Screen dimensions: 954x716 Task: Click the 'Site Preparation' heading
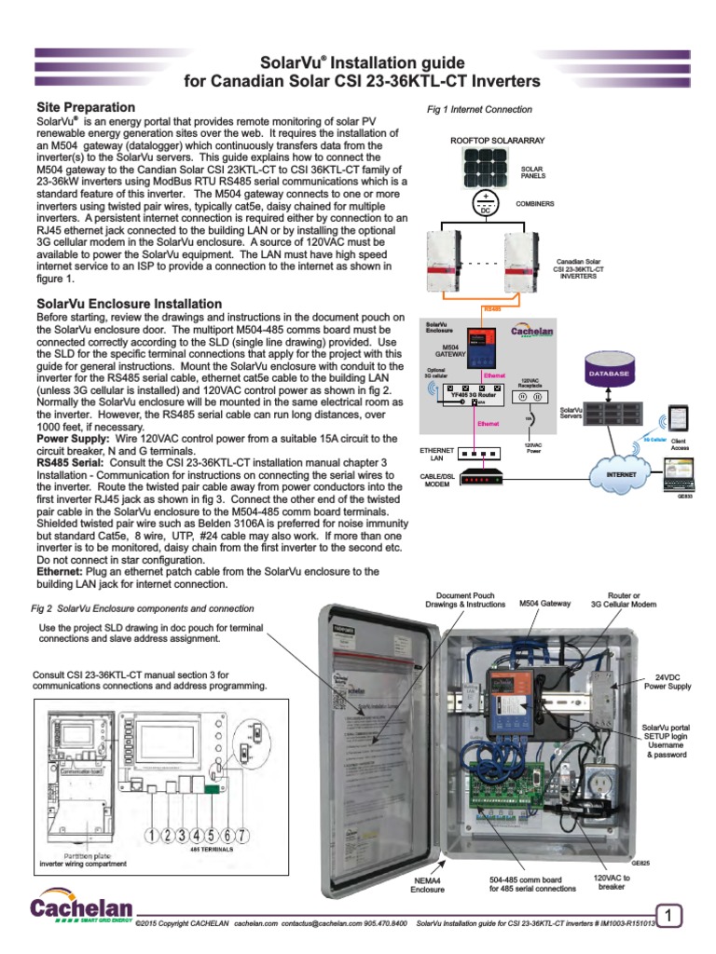(x=86, y=108)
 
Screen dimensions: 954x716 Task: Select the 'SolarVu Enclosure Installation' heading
(x=129, y=304)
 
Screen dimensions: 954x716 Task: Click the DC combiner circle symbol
(x=484, y=204)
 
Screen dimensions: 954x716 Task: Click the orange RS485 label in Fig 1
(x=489, y=308)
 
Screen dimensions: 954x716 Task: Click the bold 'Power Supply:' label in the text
(x=73, y=437)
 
